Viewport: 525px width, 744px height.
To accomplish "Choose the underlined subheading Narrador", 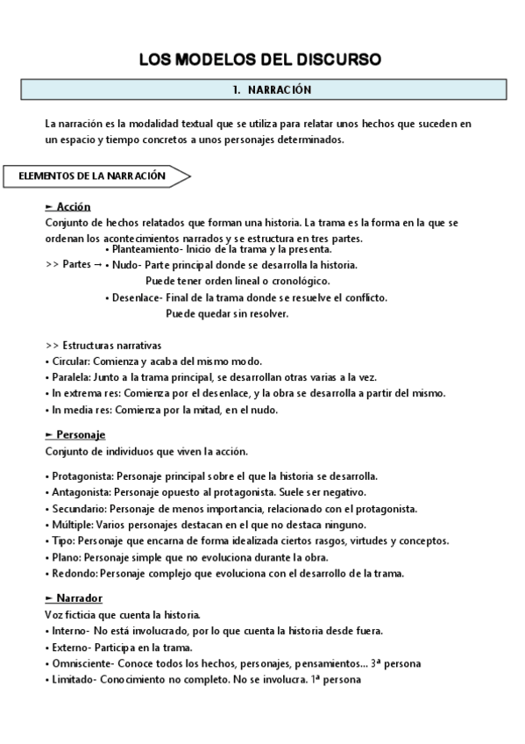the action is tap(73, 598).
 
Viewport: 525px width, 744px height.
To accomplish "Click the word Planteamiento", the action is tap(141, 249).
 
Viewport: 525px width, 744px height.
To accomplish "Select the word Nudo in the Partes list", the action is tap(125, 264).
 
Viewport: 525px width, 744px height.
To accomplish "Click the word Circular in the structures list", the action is tap(69, 361).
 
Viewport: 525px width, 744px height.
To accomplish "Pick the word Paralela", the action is tap(69, 377).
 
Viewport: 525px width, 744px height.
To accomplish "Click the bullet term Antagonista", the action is tap(77, 492).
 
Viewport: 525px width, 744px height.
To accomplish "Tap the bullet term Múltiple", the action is tap(70, 525).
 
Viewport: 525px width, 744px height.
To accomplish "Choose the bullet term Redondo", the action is tap(72, 573).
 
